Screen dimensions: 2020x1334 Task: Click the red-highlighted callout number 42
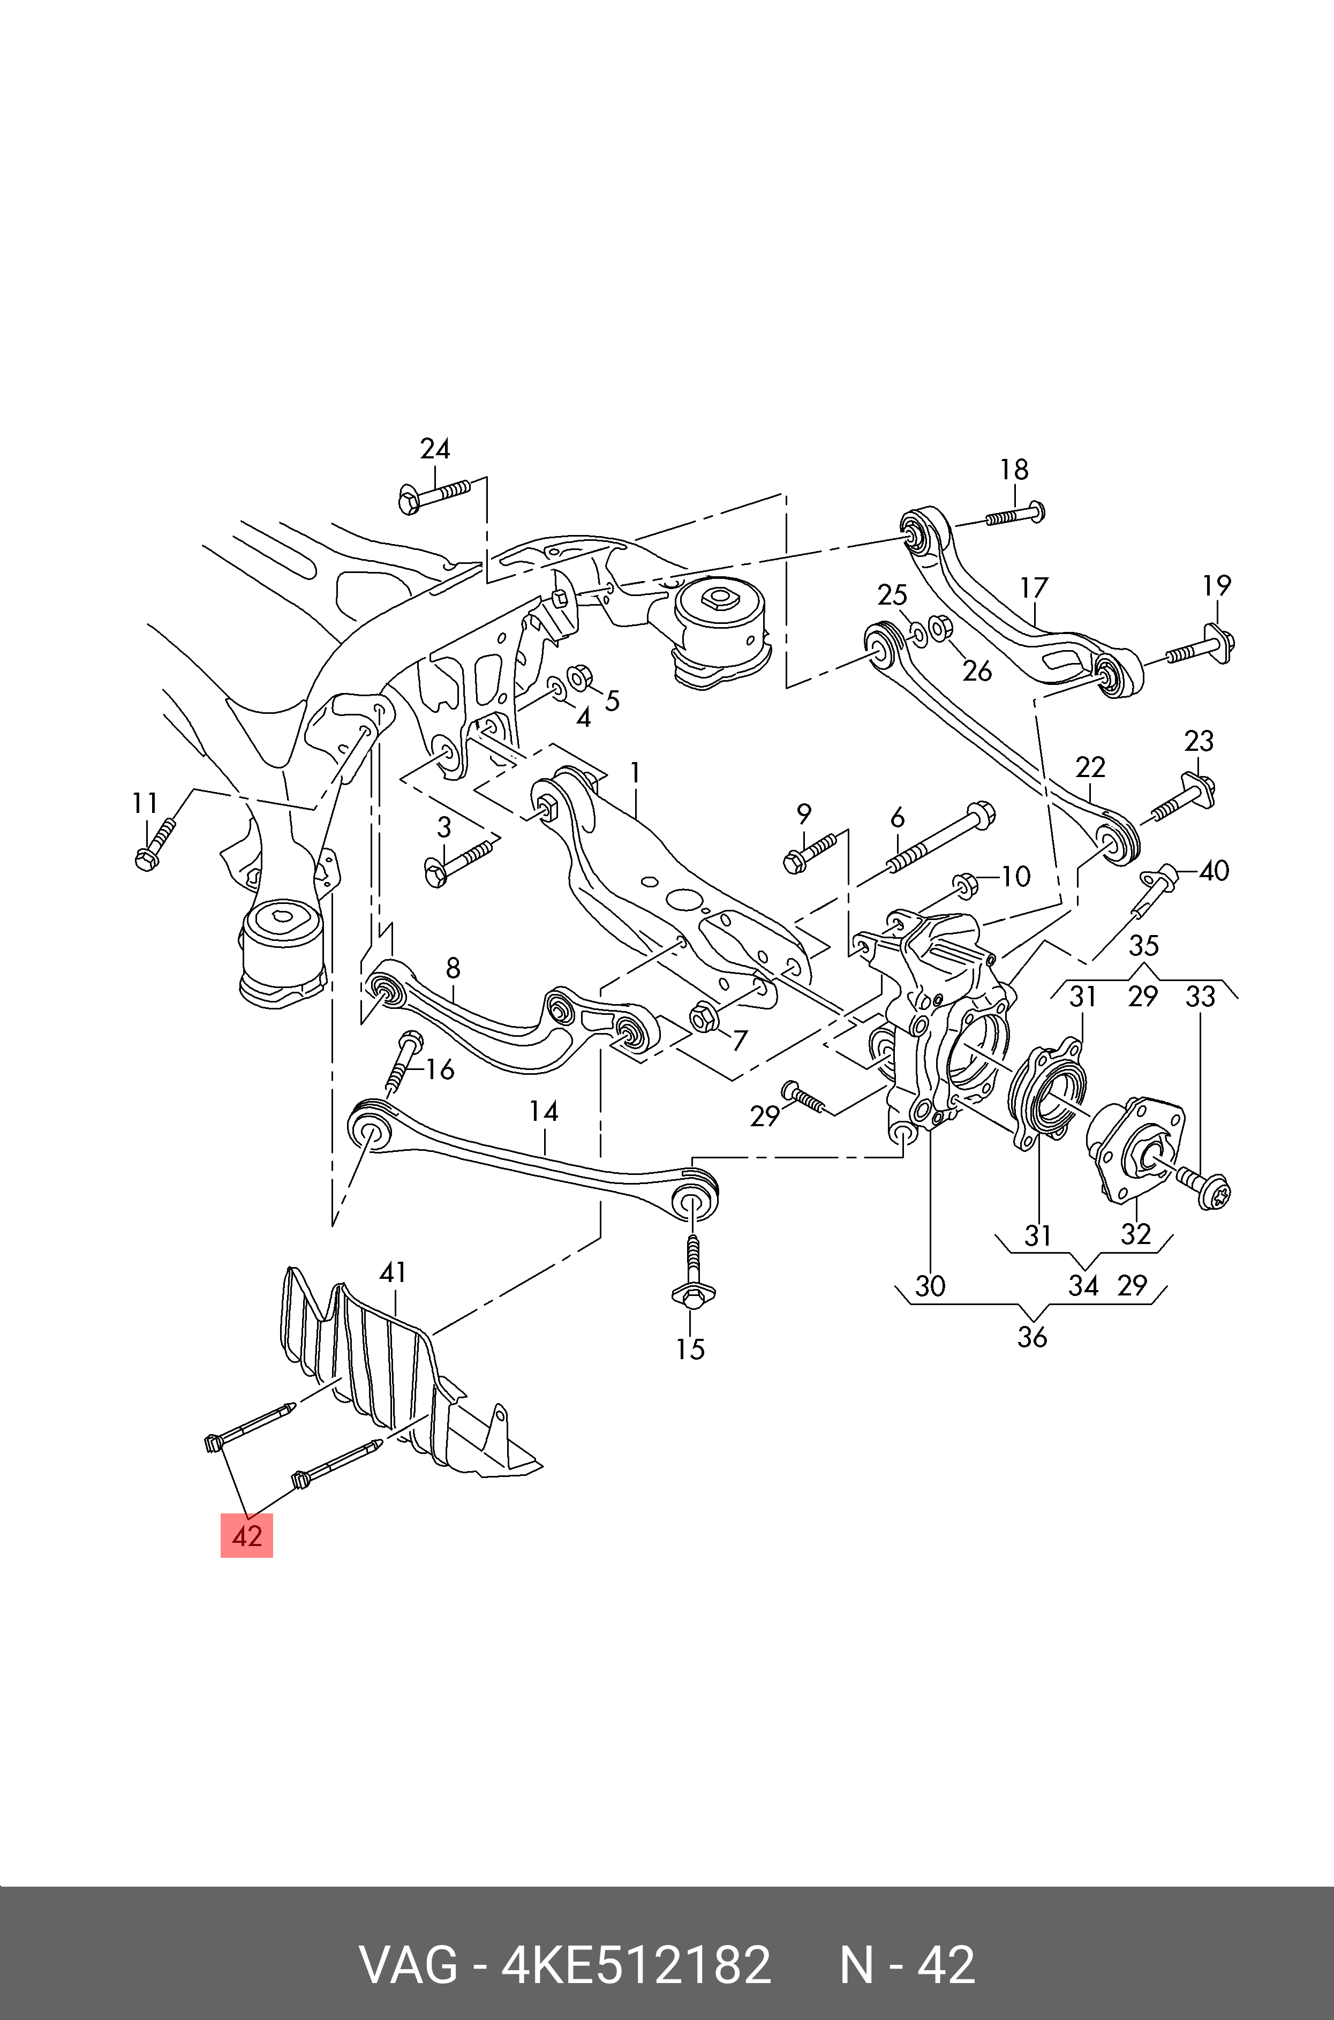coord(247,1536)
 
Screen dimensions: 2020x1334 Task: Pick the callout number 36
coord(1032,1337)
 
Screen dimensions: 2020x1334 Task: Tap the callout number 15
coord(690,1349)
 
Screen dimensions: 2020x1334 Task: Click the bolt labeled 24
coord(433,495)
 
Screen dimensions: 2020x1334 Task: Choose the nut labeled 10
coord(966,885)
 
